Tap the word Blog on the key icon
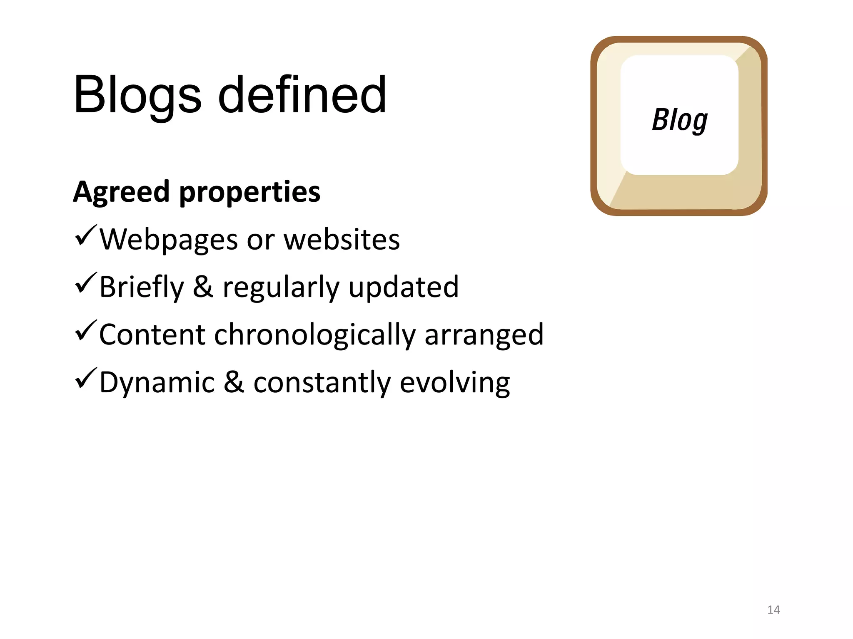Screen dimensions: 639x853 click(679, 120)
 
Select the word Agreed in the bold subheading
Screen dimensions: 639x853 click(121, 193)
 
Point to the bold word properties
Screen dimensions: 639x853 click(249, 193)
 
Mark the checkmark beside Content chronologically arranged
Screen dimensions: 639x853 click(86, 331)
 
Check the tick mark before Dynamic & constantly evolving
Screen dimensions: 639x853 click(86, 379)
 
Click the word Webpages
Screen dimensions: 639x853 click(169, 240)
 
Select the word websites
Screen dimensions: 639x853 click(342, 240)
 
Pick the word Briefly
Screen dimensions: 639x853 click(142, 288)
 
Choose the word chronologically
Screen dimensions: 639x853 click(314, 335)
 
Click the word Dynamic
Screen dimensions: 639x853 click(157, 383)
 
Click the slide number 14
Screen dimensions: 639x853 click(773, 610)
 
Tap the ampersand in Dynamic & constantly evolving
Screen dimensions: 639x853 click(234, 383)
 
